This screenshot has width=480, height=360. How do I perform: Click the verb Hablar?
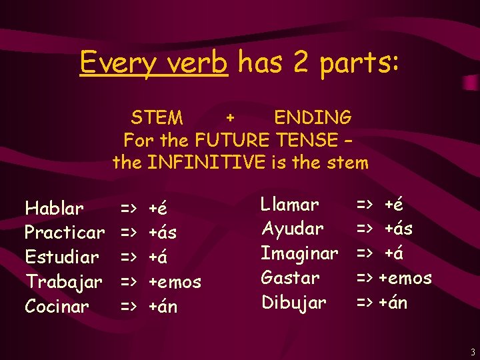[x=54, y=209]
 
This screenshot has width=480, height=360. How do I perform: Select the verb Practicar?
[x=65, y=233]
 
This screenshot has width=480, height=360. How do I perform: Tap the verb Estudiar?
[x=61, y=257]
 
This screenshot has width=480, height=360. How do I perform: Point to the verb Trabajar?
[x=63, y=282]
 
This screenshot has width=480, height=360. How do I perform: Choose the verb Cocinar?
[x=57, y=307]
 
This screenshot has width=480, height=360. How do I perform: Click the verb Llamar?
[x=289, y=204]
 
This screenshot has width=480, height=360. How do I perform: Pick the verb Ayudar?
[x=292, y=229]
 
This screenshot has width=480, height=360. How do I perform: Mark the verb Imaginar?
[x=299, y=253]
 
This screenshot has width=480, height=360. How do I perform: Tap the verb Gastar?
[x=290, y=277]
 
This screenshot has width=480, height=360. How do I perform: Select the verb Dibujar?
[x=294, y=302]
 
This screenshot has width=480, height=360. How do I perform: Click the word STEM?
[x=157, y=118]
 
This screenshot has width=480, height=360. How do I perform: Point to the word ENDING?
[x=313, y=118]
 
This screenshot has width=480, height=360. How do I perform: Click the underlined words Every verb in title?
[x=154, y=63]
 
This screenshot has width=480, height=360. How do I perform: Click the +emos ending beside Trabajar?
[x=175, y=282]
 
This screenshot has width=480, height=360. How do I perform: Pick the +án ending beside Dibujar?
[x=393, y=302]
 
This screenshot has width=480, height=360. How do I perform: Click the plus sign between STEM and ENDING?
[x=230, y=118]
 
